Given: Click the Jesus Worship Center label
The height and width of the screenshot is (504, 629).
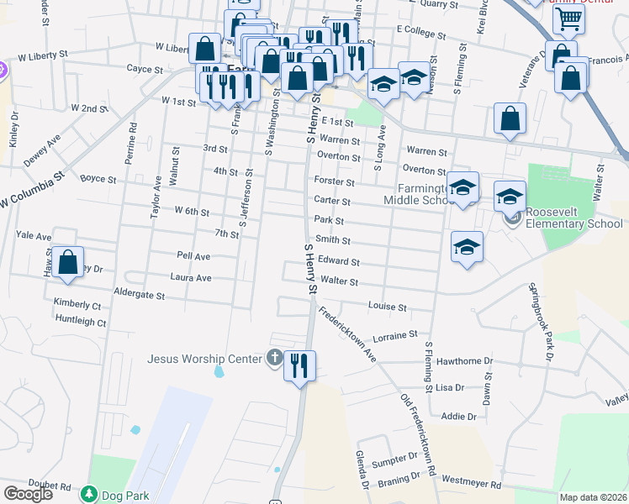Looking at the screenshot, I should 205,359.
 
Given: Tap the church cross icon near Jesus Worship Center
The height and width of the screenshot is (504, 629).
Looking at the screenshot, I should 274,359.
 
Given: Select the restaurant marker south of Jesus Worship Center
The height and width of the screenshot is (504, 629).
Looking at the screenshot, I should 299,366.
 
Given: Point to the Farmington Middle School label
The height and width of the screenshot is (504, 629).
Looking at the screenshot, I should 418,194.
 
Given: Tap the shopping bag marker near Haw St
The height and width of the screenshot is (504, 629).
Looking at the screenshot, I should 68,262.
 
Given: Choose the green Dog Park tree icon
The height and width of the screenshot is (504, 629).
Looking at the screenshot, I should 89,496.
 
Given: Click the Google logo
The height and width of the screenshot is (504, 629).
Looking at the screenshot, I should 28,494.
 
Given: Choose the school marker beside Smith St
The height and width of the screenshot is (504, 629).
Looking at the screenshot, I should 467,248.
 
